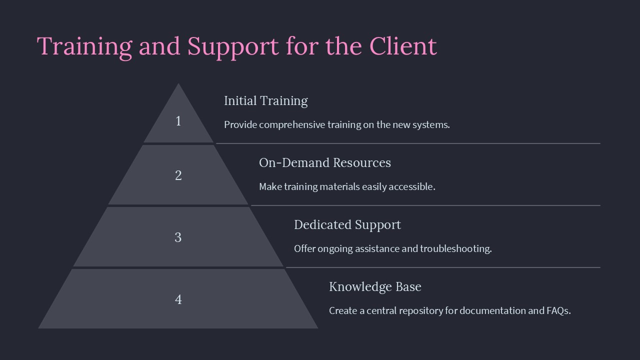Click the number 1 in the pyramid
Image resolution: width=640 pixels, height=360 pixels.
pyautogui.click(x=178, y=121)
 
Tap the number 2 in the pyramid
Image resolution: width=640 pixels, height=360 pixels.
pyautogui.click(x=178, y=175)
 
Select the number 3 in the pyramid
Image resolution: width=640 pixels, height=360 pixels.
pyautogui.click(x=178, y=237)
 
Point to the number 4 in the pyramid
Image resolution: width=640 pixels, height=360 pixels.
pyautogui.click(x=178, y=299)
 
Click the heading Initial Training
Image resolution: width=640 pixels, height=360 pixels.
pyautogui.click(x=265, y=101)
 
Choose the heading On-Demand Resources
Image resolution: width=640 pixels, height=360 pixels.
pyautogui.click(x=324, y=163)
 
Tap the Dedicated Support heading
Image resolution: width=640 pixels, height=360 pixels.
pyautogui.click(x=347, y=225)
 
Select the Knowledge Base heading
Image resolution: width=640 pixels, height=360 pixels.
pyautogui.click(x=375, y=287)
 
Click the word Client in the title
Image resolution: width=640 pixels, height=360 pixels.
pyautogui.click(x=403, y=46)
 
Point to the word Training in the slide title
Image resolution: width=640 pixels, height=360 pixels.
pyautogui.click(x=84, y=47)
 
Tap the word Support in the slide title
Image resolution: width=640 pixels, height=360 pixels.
pyautogui.click(x=233, y=47)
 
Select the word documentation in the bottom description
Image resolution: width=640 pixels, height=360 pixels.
pyautogui.click(x=492, y=311)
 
